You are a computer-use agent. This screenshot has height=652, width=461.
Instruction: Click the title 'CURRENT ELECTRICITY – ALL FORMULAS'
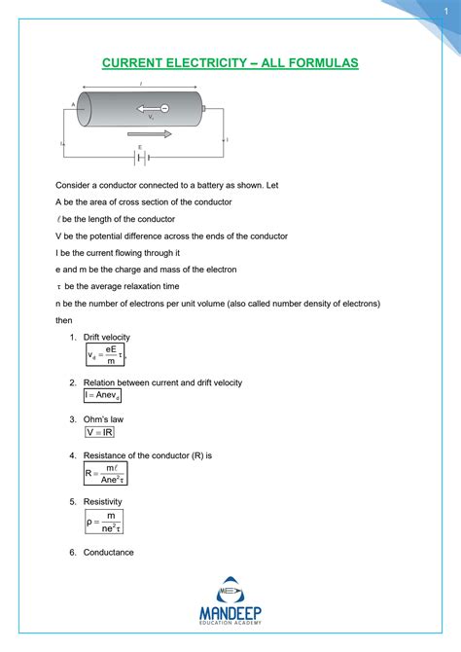click(230, 63)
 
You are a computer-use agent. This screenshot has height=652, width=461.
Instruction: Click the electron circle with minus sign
click(164, 108)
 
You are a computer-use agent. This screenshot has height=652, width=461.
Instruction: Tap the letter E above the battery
click(140, 148)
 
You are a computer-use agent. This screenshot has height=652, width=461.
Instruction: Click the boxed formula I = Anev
click(102, 396)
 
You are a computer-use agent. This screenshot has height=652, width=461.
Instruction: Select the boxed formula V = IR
click(99, 432)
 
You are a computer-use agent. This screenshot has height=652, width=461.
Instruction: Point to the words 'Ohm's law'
click(103, 419)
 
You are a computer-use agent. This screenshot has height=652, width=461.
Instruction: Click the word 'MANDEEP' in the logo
click(230, 613)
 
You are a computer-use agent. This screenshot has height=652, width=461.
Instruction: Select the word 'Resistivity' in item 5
click(103, 501)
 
